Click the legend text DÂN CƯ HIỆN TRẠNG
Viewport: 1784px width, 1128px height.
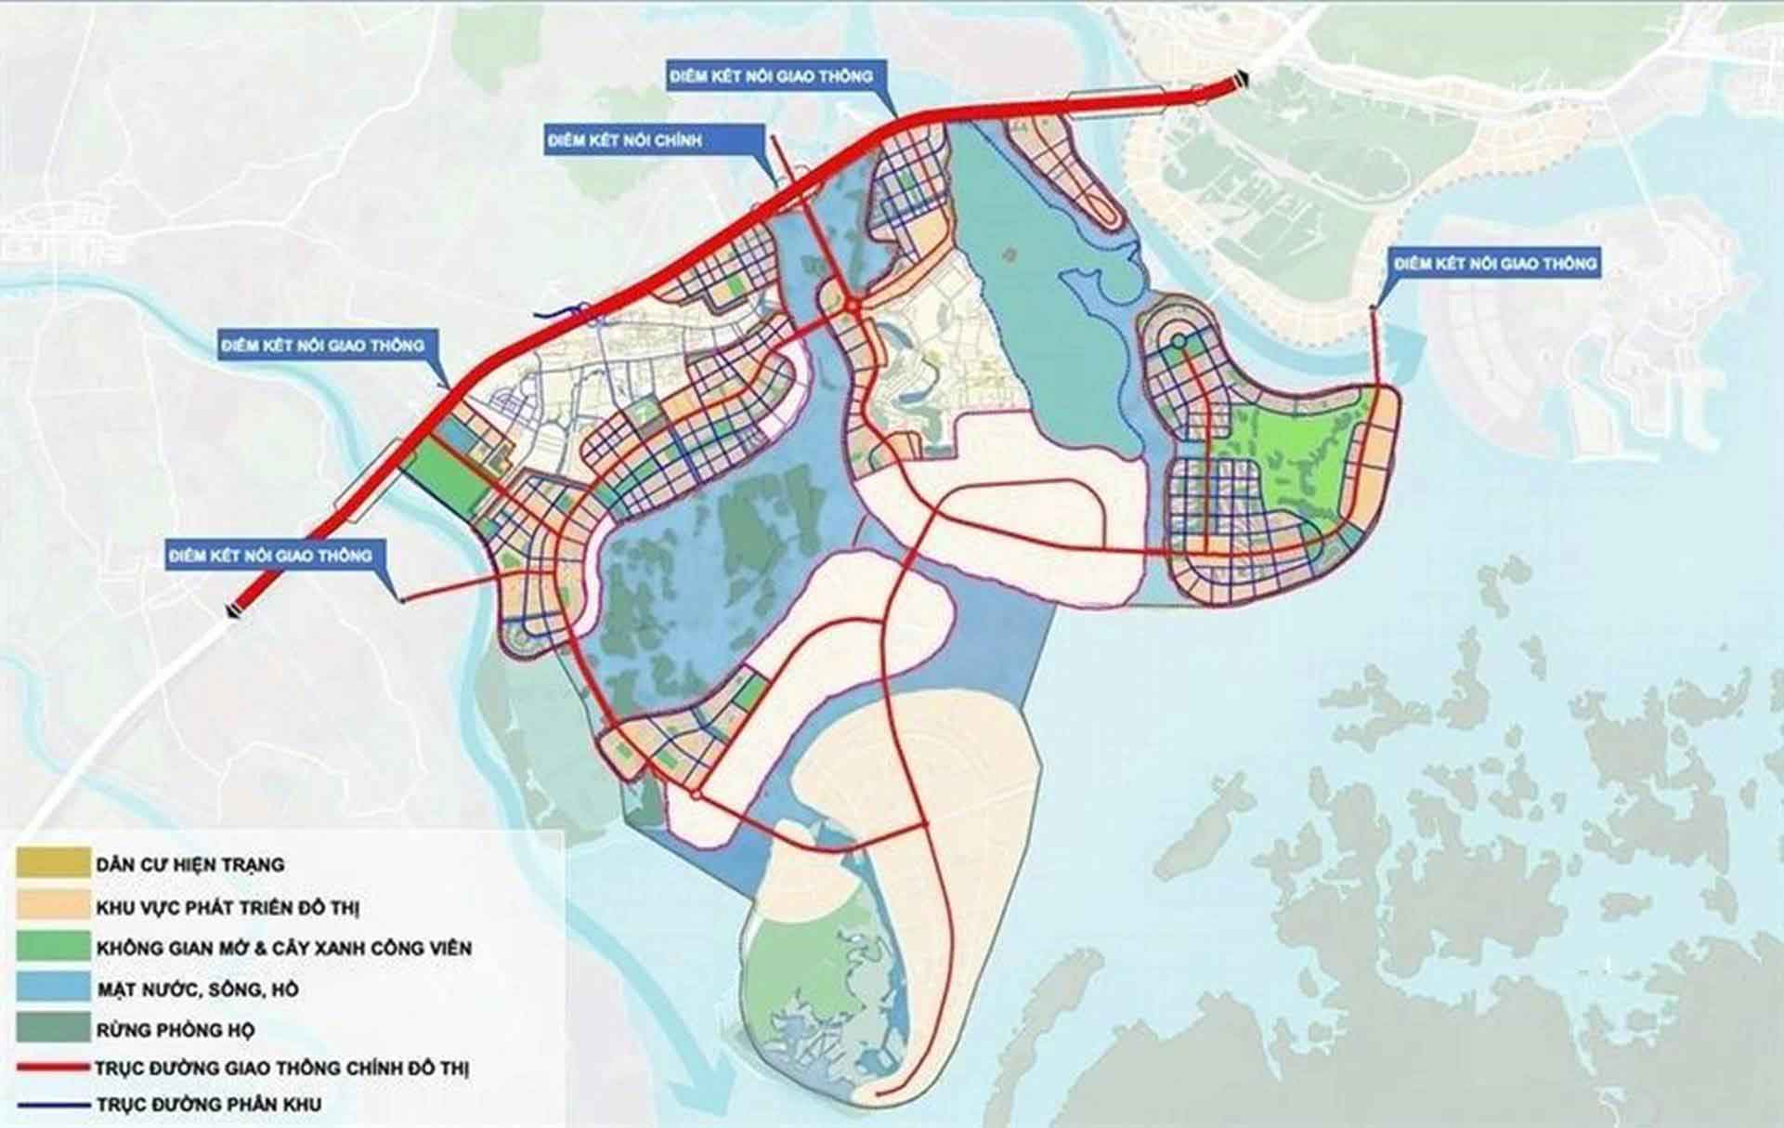pos(189,865)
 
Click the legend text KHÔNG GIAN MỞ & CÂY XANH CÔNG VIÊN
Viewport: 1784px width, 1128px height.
pos(283,949)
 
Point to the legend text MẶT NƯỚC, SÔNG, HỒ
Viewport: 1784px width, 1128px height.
pos(198,990)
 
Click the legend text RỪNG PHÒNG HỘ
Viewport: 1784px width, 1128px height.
pos(176,1030)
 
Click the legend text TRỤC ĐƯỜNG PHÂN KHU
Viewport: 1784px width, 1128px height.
pos(209,1106)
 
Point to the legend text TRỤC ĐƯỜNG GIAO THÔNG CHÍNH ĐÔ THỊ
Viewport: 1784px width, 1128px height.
pos(282,1069)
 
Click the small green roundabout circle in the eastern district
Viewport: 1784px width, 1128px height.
pos(1178,342)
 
